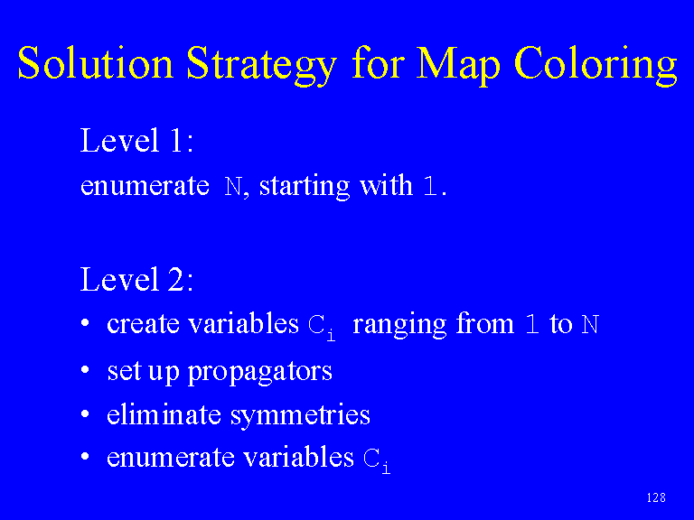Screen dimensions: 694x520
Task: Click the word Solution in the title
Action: coord(95,63)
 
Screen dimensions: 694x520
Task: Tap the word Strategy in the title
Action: coord(261,66)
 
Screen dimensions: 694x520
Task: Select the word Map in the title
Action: coord(457,66)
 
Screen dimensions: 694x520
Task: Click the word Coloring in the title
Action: coord(596,66)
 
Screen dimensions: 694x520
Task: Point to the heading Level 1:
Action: coord(136,140)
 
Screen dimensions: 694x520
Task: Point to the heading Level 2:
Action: coord(136,279)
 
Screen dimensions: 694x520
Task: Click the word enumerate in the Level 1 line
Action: coord(145,186)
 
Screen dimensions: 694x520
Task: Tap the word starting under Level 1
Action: coord(305,187)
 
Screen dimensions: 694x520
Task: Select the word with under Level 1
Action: coord(386,185)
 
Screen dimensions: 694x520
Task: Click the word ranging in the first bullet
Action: coord(399,325)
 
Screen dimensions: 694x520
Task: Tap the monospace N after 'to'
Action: coord(590,325)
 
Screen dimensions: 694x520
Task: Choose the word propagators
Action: coord(260,372)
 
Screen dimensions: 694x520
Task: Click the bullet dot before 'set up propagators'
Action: coord(86,369)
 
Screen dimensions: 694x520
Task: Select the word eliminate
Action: coord(164,414)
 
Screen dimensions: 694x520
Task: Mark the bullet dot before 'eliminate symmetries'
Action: coord(86,413)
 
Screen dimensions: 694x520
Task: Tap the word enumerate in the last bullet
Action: coord(171,458)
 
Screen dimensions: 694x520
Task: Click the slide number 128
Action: coord(656,498)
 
